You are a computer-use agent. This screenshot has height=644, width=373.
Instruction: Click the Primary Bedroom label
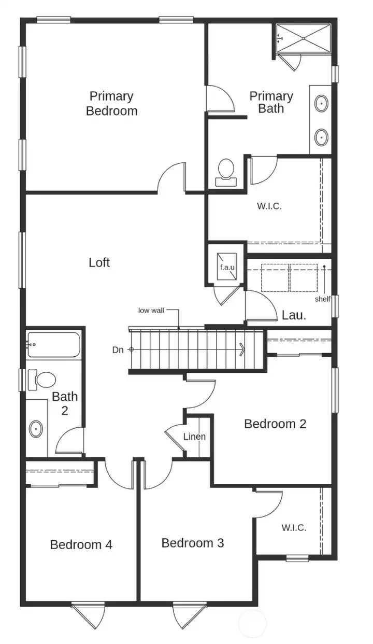click(111, 103)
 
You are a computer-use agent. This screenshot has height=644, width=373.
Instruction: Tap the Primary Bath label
click(271, 102)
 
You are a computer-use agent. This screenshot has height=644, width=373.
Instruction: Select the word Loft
click(99, 262)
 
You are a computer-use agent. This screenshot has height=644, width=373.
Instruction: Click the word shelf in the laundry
click(323, 299)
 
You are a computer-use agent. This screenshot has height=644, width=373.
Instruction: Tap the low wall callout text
click(151, 310)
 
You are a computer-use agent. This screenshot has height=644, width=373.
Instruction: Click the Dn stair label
click(118, 350)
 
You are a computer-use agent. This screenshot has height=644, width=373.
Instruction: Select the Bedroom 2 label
click(275, 424)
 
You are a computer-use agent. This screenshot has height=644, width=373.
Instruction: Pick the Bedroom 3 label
click(193, 543)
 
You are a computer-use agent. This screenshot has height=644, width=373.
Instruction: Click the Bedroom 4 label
click(81, 544)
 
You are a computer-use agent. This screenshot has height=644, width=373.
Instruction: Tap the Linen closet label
click(194, 437)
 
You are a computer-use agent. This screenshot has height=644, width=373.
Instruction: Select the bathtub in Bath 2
click(53, 344)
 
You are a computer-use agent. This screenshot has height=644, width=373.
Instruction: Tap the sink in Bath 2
click(36, 429)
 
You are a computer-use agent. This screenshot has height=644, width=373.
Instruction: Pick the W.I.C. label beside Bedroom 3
click(294, 528)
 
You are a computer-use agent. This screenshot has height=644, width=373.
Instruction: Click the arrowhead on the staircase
click(242, 350)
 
